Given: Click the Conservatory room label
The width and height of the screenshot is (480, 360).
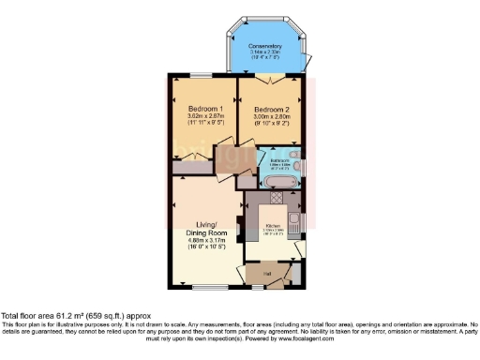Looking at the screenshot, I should point(266,46).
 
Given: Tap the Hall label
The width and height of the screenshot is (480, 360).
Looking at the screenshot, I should point(266,273).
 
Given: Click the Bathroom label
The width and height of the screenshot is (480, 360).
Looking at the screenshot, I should point(279,160).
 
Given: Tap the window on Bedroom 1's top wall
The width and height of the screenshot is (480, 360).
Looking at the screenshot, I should point(200,75).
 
